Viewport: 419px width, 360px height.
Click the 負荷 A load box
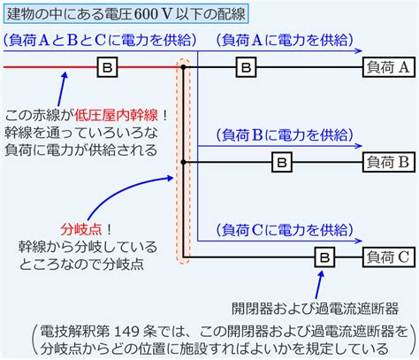[389, 67]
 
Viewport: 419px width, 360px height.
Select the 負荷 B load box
[389, 162]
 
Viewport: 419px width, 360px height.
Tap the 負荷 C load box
[389, 257]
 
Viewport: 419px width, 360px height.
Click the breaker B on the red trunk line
[108, 67]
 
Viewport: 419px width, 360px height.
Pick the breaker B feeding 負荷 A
[246, 67]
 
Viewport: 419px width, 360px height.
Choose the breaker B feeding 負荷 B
[282, 162]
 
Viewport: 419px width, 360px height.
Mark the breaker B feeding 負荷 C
[324, 257]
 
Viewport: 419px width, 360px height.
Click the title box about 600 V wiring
[126, 13]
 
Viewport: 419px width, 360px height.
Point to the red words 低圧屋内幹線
[116, 115]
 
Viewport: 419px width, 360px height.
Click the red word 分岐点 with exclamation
[86, 229]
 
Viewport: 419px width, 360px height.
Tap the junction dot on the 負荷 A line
[183, 67]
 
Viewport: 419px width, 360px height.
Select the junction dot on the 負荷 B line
[183, 162]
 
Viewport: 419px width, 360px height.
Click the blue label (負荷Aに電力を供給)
[285, 40]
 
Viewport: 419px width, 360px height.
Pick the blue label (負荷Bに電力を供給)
[285, 134]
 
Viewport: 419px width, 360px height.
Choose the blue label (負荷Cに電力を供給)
[285, 230]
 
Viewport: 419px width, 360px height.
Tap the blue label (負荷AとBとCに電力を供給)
[100, 40]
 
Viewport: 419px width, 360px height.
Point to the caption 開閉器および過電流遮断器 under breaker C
[315, 309]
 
